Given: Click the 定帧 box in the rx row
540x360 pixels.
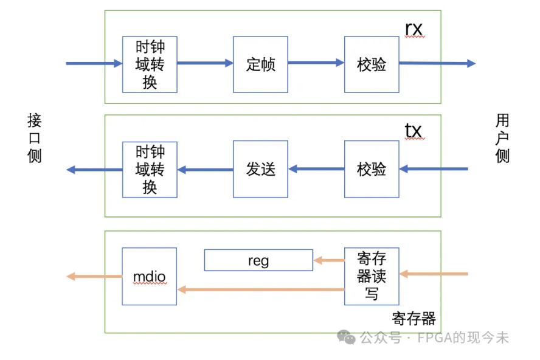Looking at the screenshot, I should pos(260,64).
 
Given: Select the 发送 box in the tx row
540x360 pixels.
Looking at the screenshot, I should pos(260,169).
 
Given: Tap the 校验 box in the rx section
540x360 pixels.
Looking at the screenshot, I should pos(372,64).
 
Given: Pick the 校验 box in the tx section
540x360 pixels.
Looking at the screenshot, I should pos(372,169).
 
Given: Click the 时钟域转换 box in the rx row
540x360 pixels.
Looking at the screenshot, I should pos(150,64).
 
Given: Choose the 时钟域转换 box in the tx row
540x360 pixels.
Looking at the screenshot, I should pos(150,169).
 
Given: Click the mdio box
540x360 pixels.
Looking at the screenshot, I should pos(150,277).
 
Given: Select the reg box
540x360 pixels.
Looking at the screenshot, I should pos(258,260).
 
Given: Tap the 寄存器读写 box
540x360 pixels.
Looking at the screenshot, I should pos(372,276).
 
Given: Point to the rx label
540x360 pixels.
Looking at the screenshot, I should pos(414,29).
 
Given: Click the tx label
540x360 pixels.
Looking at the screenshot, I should pos(414,130).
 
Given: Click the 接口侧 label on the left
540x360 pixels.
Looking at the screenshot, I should pos(35,138).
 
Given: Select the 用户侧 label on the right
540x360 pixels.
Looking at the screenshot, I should pos(502,138).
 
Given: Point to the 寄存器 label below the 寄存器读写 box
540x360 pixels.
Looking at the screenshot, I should pos(414,318).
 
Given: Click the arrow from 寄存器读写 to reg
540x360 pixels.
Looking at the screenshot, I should pos(328,261).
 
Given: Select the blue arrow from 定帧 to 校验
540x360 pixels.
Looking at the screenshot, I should pos(316,62).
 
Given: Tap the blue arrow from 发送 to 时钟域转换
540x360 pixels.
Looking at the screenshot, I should pos(205,170).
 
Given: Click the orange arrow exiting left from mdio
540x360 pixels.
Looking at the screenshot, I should pos(94,277).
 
